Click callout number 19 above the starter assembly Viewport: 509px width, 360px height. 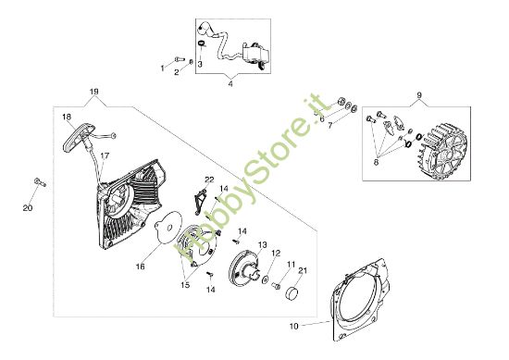93,91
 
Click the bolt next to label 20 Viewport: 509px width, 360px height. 38,180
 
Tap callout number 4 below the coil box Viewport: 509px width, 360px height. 230,84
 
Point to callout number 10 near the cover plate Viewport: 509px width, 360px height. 294,326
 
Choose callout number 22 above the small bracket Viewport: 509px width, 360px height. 209,179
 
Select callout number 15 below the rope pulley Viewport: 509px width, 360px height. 186,286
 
